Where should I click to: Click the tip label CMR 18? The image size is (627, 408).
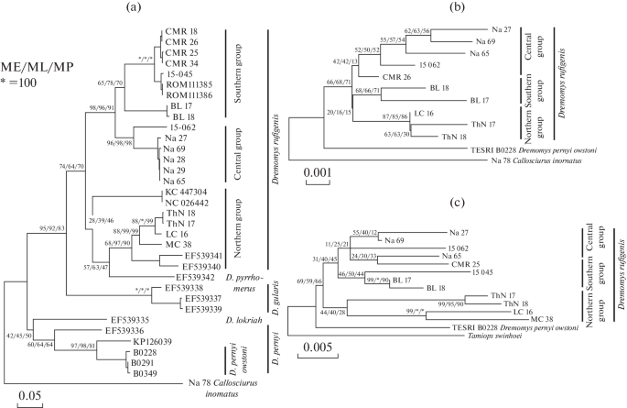179,32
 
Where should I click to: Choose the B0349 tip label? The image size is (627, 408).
146,373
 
